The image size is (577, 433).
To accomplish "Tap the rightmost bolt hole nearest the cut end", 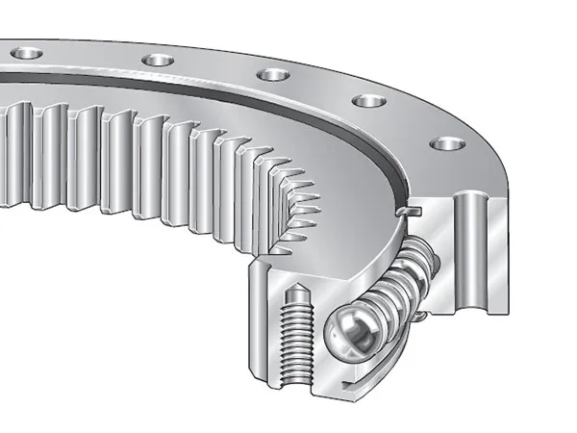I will point(446,143).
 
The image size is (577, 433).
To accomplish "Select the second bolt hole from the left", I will point(158,60).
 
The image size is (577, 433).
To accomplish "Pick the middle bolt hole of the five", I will point(272,74).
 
